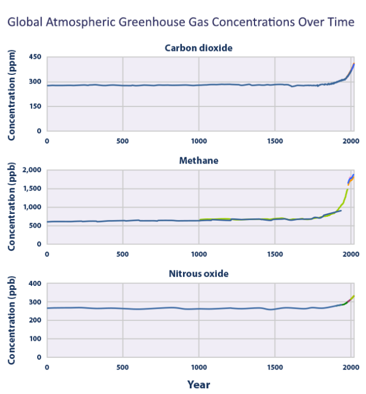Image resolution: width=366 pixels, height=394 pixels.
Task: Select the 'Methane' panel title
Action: click(x=198, y=161)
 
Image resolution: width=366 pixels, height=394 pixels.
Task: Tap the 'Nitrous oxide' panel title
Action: click(x=198, y=273)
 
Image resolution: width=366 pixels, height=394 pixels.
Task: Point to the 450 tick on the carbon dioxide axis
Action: click(x=35, y=57)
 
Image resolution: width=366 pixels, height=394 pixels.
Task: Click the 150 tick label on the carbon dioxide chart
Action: click(x=35, y=106)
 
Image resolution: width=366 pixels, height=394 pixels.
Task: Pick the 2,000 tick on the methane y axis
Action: click(x=31, y=170)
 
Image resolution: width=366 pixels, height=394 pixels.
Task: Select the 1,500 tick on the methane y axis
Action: click(x=31, y=189)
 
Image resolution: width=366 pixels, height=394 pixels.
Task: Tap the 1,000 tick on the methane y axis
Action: click(x=31, y=207)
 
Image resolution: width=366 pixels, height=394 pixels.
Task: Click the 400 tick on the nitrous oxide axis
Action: click(x=35, y=284)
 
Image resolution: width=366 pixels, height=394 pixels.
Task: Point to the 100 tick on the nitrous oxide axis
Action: click(x=35, y=339)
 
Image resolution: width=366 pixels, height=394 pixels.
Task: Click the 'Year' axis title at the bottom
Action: click(x=198, y=384)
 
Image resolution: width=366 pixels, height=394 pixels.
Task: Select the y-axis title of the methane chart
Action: click(x=12, y=208)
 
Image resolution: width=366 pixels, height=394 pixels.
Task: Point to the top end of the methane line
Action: click(x=353, y=174)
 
